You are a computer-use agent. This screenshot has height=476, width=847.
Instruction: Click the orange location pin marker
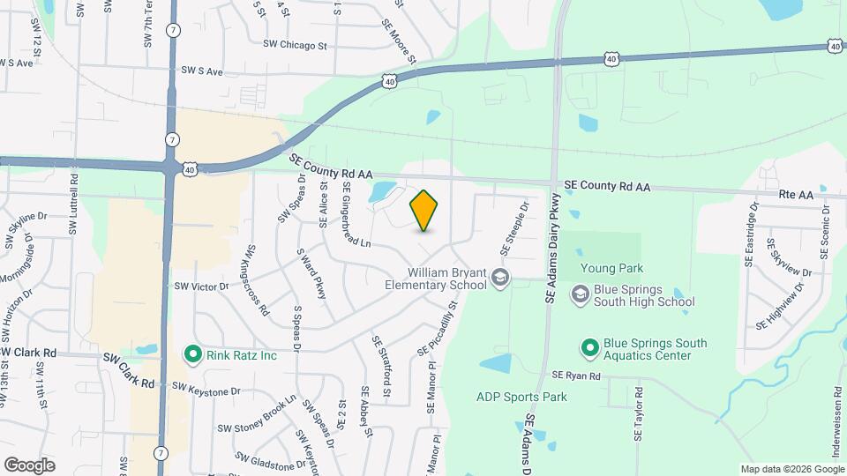coord(424,211)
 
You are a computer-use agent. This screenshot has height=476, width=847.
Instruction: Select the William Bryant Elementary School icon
coord(500,279)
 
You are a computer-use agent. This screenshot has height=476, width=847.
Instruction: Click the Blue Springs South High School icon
coord(580,294)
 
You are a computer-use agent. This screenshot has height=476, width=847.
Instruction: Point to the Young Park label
coord(612,268)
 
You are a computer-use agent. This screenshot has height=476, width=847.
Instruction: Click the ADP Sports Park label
coord(521,397)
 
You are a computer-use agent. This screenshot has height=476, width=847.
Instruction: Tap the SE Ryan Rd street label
coord(576,376)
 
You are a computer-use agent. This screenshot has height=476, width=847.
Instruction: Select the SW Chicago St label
coord(295,44)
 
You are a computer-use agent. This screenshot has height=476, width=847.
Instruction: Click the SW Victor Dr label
coord(201,286)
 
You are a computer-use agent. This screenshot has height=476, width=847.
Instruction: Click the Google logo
coord(29,465)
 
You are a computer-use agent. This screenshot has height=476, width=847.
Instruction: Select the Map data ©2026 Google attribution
coord(791,469)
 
